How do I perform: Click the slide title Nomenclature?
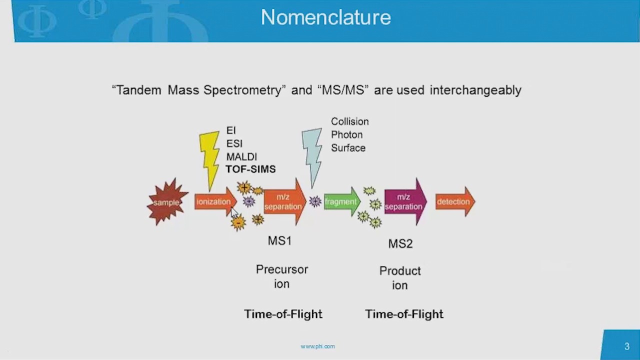[325, 17]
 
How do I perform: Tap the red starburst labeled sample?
[166, 202]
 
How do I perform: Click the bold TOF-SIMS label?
[250, 169]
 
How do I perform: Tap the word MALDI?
[241, 156]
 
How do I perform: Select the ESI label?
[234, 143]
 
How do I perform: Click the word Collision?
[349, 121]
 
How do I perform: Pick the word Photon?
[346, 134]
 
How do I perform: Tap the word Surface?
[348, 148]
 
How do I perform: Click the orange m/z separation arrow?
[284, 202]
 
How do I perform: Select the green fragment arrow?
[341, 202]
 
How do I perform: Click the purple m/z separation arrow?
[404, 202]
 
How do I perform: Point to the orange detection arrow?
[454, 202]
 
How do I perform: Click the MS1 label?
[279, 240]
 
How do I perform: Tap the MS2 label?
[400, 243]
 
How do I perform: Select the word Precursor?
[282, 269]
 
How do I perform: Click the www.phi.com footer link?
[317, 346]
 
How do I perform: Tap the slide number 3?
[627, 346]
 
